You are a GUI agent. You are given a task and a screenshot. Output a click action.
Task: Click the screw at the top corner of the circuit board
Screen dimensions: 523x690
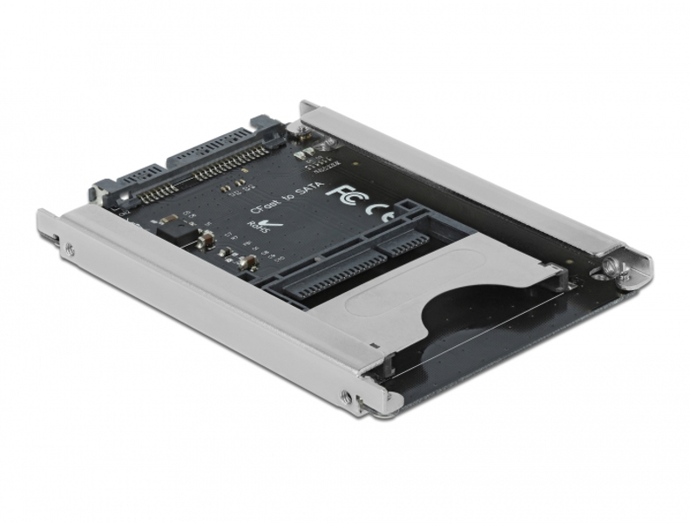point(302,132)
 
